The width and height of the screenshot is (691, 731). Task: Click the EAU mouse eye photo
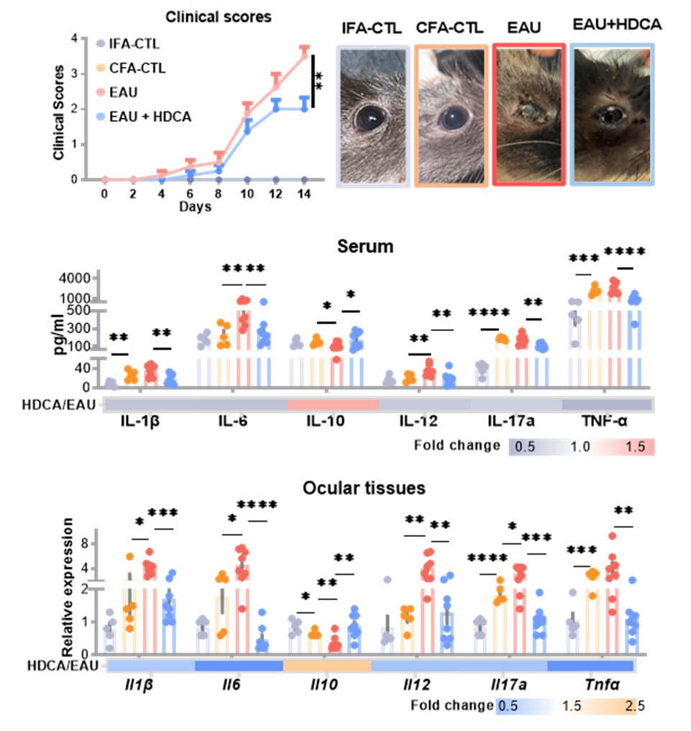528,115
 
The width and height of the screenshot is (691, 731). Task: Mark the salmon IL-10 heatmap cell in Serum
333,405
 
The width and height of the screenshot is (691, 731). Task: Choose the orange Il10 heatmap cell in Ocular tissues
327,666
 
